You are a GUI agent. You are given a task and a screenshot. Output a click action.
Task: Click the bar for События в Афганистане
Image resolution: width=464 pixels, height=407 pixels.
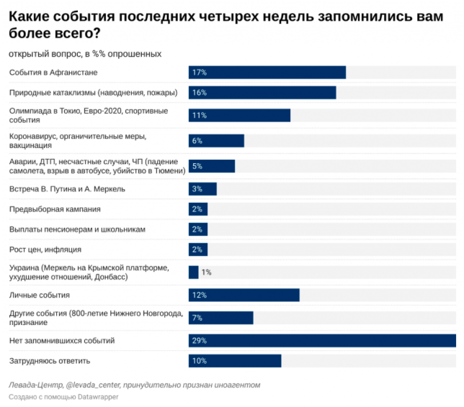(267, 73)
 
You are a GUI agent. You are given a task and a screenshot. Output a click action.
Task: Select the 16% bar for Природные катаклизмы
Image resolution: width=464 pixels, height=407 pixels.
(262, 93)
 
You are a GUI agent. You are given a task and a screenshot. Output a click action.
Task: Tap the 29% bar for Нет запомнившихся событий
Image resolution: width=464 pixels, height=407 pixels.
(322, 341)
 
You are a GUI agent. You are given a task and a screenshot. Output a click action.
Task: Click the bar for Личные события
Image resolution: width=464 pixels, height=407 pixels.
(244, 296)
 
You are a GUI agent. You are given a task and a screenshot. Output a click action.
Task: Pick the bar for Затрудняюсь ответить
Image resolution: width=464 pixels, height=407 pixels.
(234, 361)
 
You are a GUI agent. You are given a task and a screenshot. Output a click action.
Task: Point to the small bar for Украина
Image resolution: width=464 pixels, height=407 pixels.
(193, 273)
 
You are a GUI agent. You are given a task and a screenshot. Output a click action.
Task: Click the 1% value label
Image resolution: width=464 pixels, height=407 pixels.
(206, 273)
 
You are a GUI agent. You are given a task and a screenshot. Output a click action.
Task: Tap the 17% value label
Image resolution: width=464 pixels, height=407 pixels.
(200, 73)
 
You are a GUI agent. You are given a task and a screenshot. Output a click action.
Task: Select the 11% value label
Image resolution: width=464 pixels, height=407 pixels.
(200, 116)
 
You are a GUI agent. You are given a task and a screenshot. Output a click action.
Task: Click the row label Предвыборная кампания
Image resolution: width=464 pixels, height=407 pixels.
(55, 209)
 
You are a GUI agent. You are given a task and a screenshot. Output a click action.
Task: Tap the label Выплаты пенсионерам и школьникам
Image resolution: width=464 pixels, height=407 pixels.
(77, 229)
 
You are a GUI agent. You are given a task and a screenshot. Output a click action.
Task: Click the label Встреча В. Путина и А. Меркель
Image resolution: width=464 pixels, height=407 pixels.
(67, 189)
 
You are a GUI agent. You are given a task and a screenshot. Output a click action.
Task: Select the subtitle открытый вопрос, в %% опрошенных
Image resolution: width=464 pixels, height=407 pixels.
(85, 54)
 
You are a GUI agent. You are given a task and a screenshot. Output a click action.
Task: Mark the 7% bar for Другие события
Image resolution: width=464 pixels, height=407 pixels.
(220, 318)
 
